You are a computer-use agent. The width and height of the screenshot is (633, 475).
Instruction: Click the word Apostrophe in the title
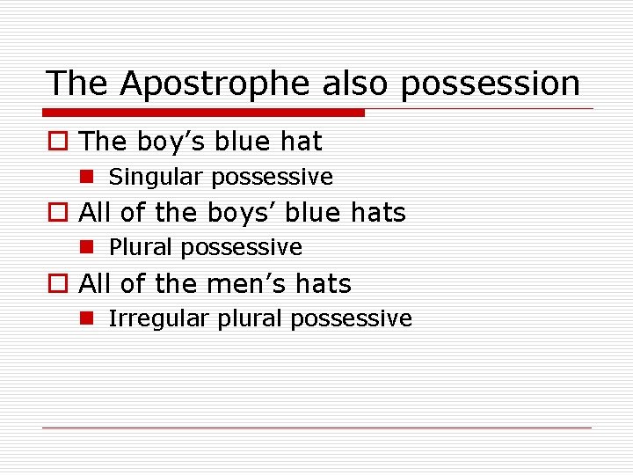(215, 84)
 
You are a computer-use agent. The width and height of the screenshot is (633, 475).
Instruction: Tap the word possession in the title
(495, 84)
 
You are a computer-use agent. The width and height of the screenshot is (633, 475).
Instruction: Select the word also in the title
(356, 84)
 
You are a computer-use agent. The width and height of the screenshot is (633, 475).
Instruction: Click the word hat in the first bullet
(302, 142)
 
